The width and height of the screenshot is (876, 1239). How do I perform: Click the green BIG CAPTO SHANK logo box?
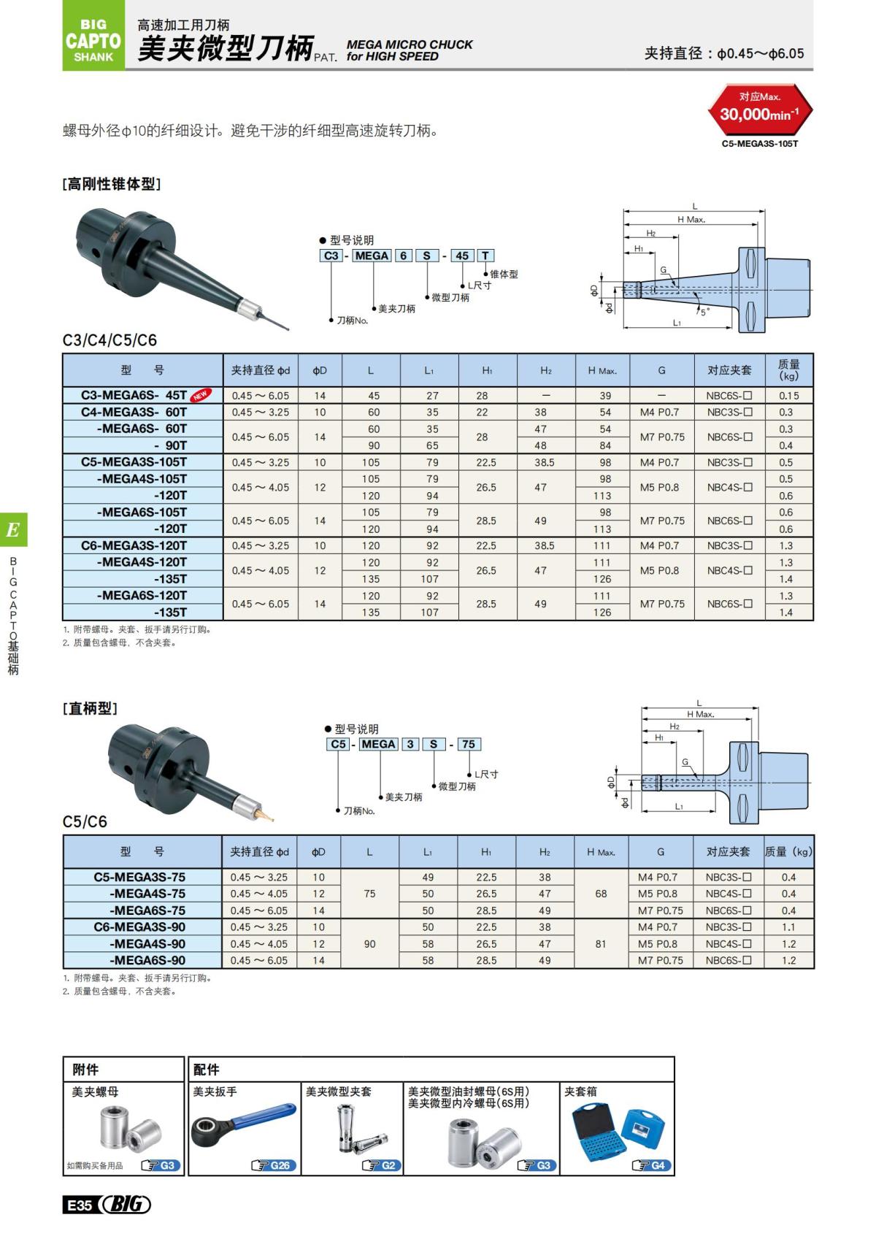point(93,37)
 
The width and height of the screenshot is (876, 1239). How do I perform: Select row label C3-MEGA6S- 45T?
point(134,395)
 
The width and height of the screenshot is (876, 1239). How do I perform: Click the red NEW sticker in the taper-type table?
point(199,395)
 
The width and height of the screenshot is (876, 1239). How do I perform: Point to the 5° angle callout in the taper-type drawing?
point(704,311)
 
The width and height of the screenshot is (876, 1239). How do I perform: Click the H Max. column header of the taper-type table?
point(602,371)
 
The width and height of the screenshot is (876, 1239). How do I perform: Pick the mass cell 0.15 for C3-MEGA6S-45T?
point(788,396)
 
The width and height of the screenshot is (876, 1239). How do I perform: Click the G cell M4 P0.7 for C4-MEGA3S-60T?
point(659,412)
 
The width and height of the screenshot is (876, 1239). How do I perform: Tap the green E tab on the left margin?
point(13,530)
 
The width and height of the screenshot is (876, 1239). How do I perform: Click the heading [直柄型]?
point(90,708)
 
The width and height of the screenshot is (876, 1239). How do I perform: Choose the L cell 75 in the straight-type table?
point(369,894)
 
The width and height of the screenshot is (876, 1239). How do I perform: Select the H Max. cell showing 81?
point(601,943)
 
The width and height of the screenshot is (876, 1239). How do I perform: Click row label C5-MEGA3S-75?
point(139,877)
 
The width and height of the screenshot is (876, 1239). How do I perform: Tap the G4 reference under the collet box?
point(652,1165)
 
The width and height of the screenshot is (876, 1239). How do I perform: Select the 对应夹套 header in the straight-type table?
point(728,852)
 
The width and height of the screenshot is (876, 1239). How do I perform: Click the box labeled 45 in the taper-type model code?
point(462,256)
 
